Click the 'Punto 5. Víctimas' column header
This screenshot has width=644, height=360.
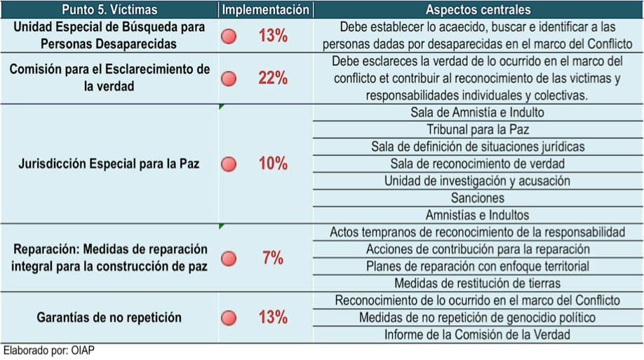[109, 10]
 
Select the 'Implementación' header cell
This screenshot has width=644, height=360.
[266, 10]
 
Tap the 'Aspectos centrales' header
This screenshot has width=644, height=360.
[478, 10]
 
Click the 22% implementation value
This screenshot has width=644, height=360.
[273, 78]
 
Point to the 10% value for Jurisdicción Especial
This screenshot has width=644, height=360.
[273, 164]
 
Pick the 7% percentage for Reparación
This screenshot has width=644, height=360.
[273, 258]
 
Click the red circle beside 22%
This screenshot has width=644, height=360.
[229, 79]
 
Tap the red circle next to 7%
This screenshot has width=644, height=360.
[229, 259]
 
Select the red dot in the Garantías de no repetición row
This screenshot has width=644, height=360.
[229, 318]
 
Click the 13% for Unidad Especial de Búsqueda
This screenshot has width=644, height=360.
[273, 36]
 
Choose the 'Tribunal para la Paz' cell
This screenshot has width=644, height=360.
[478, 130]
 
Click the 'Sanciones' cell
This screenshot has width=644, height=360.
[478, 198]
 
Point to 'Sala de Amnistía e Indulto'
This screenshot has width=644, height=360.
[478, 112]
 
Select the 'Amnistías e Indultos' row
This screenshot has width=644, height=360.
[478, 215]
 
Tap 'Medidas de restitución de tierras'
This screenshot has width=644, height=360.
[478, 284]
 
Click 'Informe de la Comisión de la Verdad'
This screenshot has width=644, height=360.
[478, 335]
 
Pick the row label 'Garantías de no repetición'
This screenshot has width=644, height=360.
[109, 318]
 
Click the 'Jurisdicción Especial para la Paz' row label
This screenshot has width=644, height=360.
[109, 164]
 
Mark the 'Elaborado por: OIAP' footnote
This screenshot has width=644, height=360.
[48, 351]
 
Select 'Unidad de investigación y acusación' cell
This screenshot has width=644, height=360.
[478, 181]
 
